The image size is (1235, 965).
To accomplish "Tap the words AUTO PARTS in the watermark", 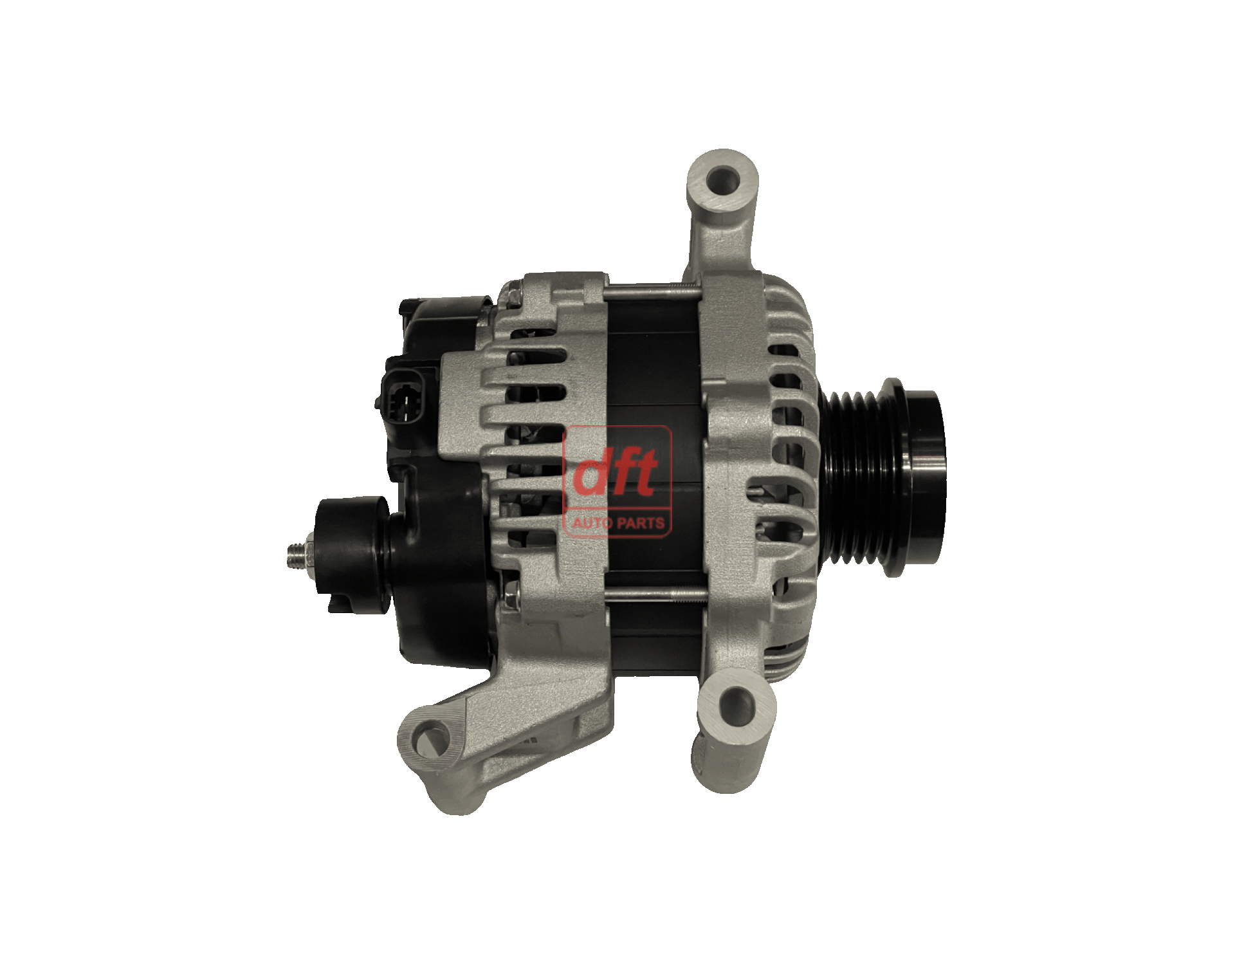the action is (618, 522).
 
